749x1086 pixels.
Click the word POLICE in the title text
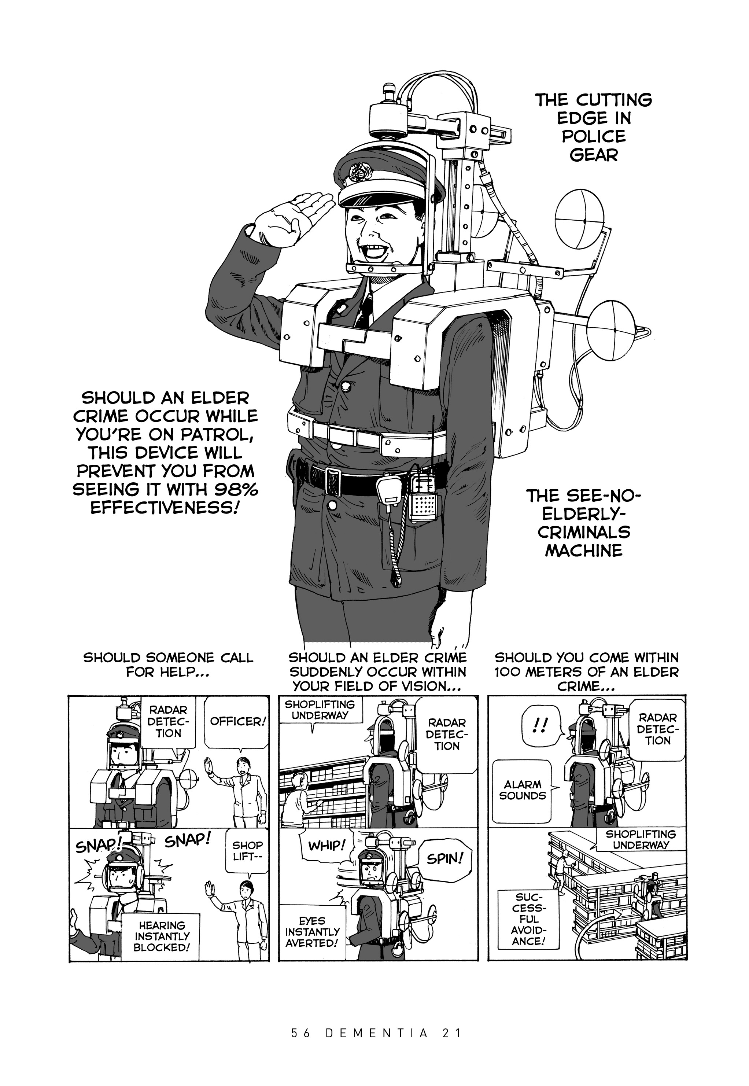(594, 137)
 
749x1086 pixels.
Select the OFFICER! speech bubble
(237, 721)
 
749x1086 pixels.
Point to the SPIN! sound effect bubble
(444, 859)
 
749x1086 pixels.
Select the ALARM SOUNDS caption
(522, 790)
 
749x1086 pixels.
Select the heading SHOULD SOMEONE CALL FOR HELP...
(168, 665)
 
